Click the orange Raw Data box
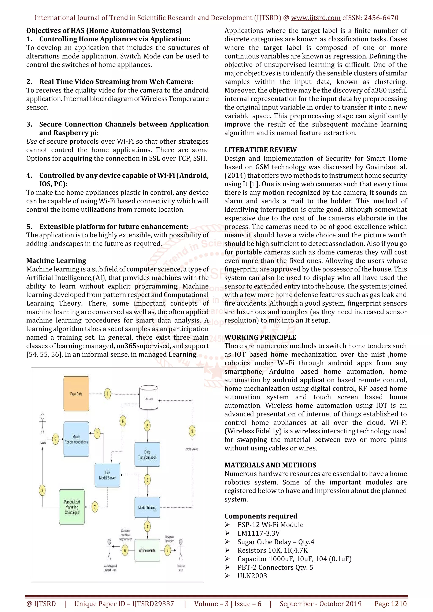click(76, 394)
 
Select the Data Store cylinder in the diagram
click(149, 398)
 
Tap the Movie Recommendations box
click(76, 439)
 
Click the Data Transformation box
click(147, 454)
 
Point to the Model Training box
click(147, 507)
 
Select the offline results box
click(147, 550)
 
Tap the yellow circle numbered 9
click(42, 490)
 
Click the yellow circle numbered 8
click(55, 439)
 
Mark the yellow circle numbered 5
click(192, 431)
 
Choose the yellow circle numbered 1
click(108, 394)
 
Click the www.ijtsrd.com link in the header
click(315, 18)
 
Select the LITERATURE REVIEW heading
click(260, 150)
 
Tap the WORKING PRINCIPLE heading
click(260, 337)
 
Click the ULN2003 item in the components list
click(252, 576)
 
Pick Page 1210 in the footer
click(390, 604)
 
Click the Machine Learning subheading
click(56, 261)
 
